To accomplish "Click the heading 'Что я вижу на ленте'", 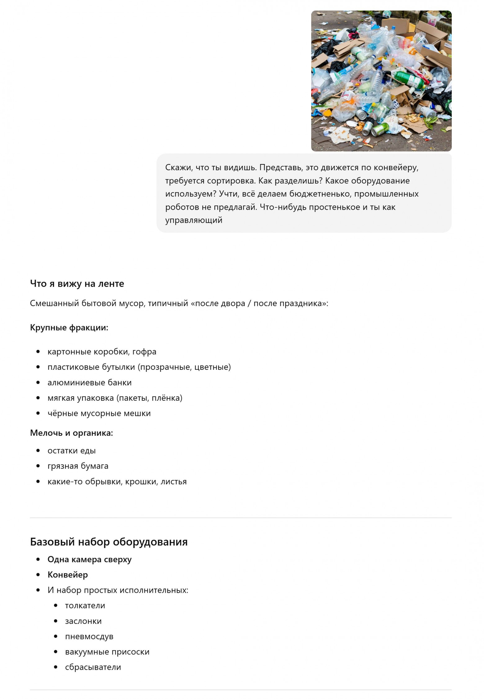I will (x=77, y=283).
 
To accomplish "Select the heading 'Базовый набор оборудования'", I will (x=109, y=541).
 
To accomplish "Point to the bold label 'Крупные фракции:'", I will (x=69, y=327).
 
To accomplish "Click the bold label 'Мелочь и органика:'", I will (x=71, y=433).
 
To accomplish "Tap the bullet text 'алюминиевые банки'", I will (x=89, y=382).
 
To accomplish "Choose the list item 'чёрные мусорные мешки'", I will (x=99, y=413).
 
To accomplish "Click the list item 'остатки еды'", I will (x=71, y=450).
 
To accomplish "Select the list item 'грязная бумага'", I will (x=78, y=466).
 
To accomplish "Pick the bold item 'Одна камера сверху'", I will (x=89, y=559).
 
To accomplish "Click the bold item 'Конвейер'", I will (x=68, y=575).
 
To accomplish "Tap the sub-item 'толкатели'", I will (x=85, y=605).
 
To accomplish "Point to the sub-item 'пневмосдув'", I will (x=89, y=636).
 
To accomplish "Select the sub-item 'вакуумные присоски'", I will (x=107, y=652).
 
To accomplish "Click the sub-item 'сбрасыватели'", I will (x=93, y=667).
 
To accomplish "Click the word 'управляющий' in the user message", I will (x=194, y=220).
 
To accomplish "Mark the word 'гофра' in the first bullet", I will (x=144, y=352).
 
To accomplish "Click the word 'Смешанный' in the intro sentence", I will (x=54, y=303).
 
